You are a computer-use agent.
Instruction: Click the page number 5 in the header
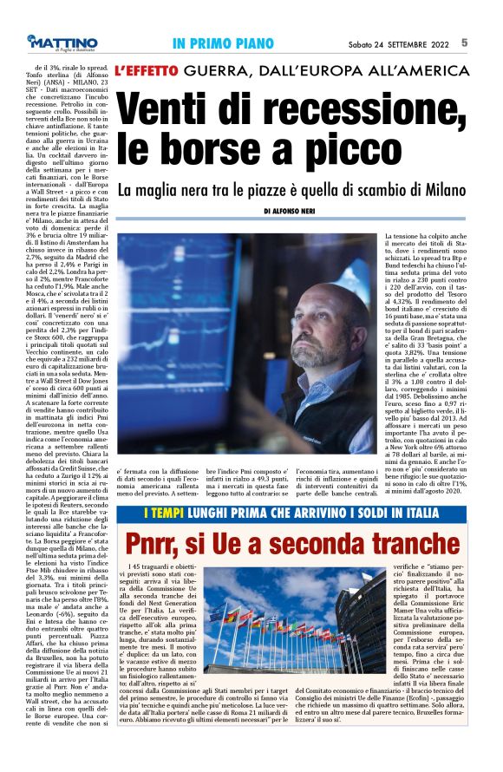489,42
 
